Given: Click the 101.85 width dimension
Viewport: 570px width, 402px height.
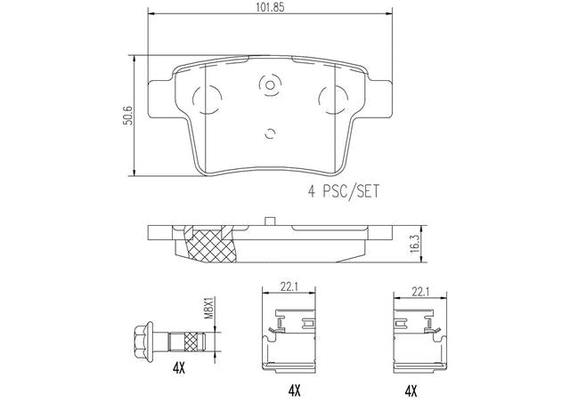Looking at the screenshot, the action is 270,7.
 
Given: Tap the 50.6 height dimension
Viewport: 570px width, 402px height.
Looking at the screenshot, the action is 127,116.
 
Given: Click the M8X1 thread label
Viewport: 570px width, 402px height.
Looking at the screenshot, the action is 208,308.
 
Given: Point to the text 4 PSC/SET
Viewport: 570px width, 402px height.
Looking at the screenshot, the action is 344,191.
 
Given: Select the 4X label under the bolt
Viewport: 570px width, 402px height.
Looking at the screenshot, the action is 178,369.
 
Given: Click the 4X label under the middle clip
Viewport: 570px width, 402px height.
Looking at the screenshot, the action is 294,390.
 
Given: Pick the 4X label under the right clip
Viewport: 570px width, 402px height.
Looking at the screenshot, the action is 411,390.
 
